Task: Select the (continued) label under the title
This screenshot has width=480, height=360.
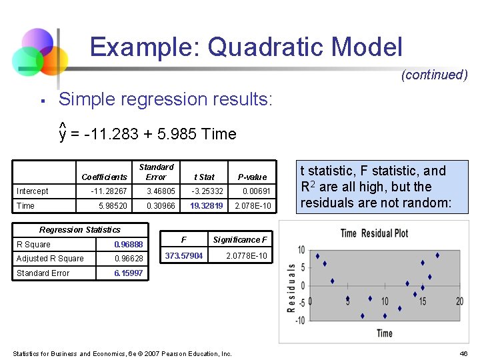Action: point(434,75)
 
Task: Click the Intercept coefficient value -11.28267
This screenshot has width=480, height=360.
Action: point(109,191)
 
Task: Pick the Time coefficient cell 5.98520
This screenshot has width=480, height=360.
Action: point(113,206)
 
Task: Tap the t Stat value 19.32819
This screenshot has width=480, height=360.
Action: point(206,206)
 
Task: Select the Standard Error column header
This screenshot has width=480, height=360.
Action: point(156,172)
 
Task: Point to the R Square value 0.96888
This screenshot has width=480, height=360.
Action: point(129,244)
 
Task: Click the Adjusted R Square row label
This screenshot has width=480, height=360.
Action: point(50,259)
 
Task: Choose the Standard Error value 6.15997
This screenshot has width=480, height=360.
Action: point(129,273)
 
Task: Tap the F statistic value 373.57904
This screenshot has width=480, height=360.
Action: point(183,256)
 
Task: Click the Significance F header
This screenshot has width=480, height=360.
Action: point(240,240)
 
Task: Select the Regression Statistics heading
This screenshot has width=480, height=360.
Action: point(80,230)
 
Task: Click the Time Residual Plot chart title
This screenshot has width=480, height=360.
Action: point(374,233)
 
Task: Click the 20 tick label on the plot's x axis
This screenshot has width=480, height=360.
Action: point(459,302)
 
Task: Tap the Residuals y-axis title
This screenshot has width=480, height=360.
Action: point(291,287)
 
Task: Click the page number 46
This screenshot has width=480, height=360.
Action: point(464,353)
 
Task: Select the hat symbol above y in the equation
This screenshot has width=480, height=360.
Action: point(62,124)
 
